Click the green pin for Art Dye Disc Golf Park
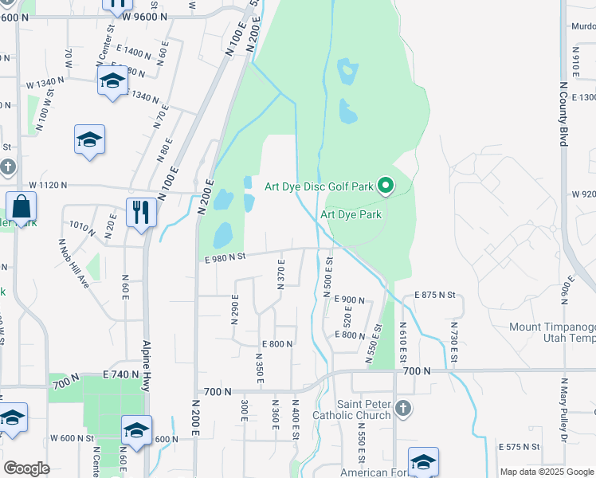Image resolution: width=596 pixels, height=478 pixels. tap(386, 186)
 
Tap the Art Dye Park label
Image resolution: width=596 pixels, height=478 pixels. tap(351, 214)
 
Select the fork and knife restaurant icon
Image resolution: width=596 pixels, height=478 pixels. tap(141, 212)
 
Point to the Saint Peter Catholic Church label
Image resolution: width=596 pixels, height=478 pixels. tap(363, 409)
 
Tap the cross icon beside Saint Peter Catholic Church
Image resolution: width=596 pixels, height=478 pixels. tap(403, 409)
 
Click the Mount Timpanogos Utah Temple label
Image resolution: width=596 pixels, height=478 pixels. tap(552, 333)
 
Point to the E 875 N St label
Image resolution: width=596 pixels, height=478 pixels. tap(434, 295)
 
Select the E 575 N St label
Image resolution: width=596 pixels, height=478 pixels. tap(520, 447)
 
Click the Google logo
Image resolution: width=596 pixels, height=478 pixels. tap(26, 468)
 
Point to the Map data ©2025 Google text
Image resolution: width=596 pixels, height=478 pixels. tap(547, 472)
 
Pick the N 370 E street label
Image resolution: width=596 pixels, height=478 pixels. tap(280, 278)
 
